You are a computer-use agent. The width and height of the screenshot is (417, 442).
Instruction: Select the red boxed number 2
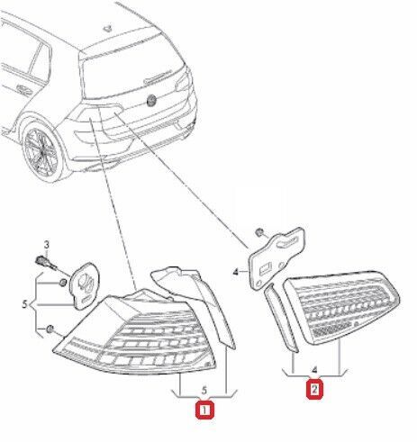point(313,390)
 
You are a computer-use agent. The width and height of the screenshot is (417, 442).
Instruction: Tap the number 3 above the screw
point(50,245)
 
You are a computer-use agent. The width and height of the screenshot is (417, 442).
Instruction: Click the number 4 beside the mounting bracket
point(235,269)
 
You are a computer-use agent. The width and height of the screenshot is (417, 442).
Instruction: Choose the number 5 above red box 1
point(205,390)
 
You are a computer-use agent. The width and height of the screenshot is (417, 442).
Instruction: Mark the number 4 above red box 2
point(313,368)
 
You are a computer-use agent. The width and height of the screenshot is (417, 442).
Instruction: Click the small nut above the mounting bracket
point(259,231)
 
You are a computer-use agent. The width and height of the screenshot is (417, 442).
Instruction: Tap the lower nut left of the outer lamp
point(52,328)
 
